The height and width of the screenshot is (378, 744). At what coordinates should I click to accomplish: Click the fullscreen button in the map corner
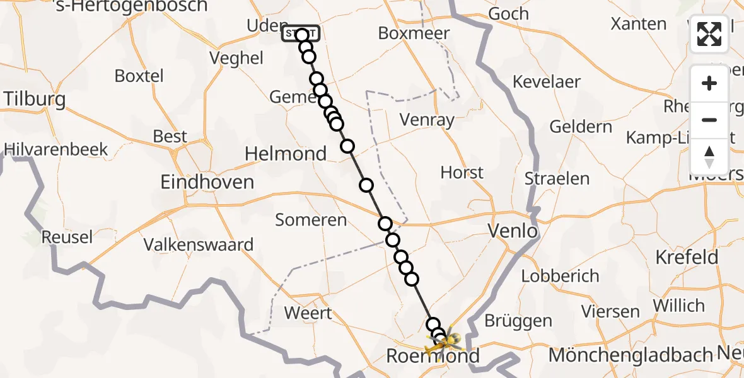coord(709,34)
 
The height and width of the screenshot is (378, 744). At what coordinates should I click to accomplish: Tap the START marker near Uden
coord(300,34)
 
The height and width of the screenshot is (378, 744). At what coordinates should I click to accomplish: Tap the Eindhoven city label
coord(207,183)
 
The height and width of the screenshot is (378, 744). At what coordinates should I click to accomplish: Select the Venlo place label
coord(513,231)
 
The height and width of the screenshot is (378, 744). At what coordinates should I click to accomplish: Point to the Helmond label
coord(286,154)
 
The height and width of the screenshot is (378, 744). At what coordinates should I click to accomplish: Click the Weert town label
coord(308,313)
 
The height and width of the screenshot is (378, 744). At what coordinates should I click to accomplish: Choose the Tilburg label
coord(35,100)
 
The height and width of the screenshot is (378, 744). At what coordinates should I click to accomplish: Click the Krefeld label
coord(687,257)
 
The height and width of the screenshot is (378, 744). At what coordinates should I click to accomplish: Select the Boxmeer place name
coord(414,33)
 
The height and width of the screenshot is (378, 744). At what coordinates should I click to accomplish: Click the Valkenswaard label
coord(199,244)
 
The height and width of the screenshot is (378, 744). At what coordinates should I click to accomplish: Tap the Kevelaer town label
coord(547,82)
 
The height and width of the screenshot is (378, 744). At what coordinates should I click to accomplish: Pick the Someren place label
coord(311,220)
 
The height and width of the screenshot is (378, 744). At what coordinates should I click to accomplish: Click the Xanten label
coord(639,24)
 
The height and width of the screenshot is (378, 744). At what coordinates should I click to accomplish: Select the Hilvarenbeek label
coord(56,150)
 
